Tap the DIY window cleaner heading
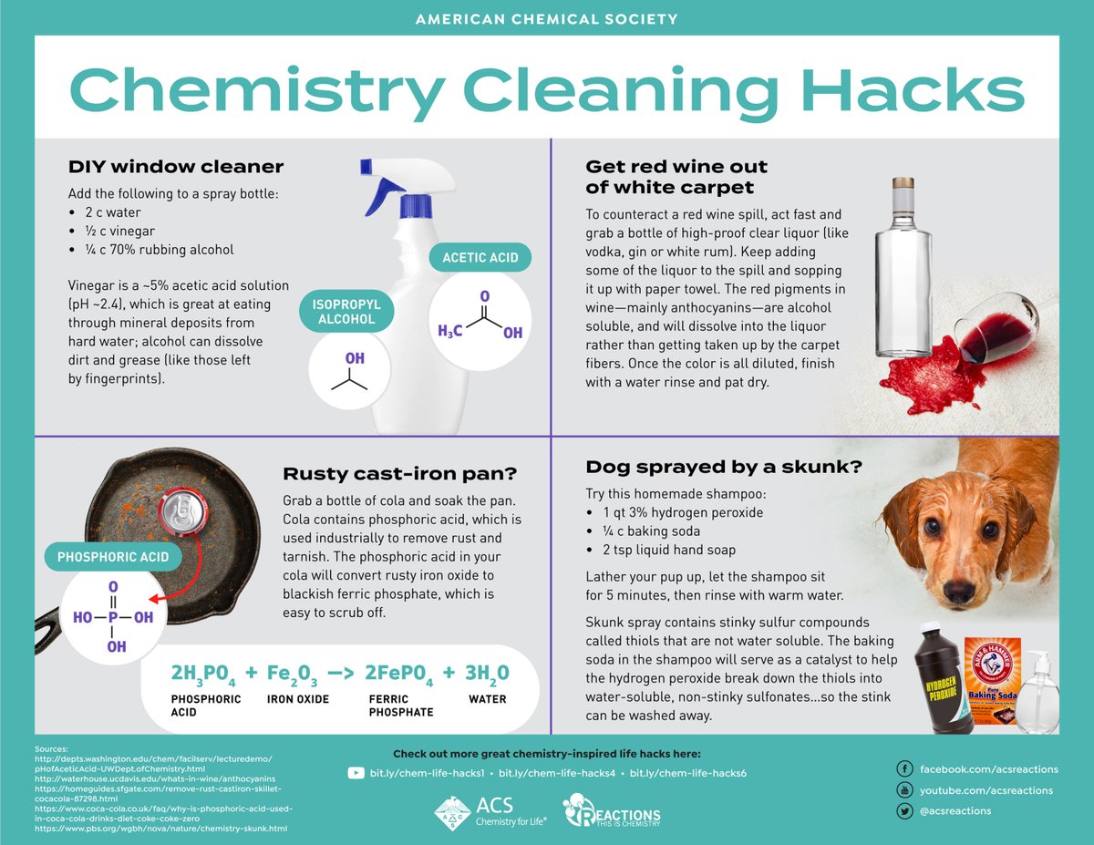pyautogui.click(x=176, y=167)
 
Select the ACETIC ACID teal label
pyautogui.click(x=480, y=258)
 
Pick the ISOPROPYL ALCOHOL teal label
pyautogui.click(x=346, y=312)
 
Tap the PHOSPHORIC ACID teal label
pyautogui.click(x=113, y=555)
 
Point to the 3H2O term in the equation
pyautogui.click(x=488, y=674)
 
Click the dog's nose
pyautogui.click(x=957, y=589)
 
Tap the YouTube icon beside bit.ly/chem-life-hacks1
pyautogui.click(x=356, y=773)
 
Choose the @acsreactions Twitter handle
pyautogui.click(x=955, y=810)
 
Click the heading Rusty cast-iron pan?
pyautogui.click(x=399, y=473)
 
